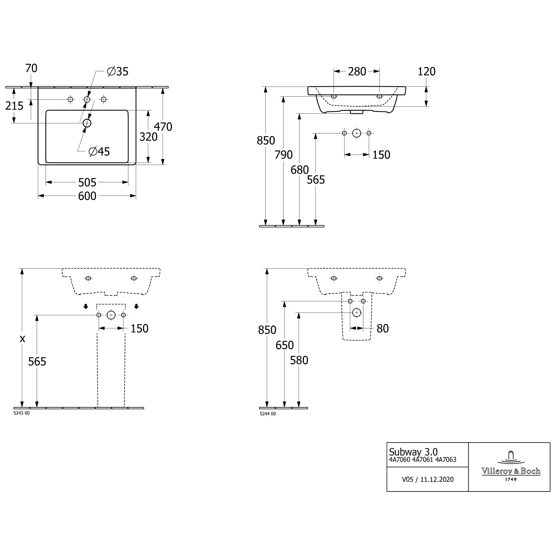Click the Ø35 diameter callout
tap(118, 71)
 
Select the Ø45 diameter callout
tap(99, 151)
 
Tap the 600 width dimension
tap(87, 196)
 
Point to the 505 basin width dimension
tap(87, 182)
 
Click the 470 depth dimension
tap(163, 127)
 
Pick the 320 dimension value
tap(148, 137)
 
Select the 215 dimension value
tap(14, 106)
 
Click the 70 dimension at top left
tap(32, 68)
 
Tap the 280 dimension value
tap(357, 72)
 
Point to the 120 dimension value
tap(426, 72)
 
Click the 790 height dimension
tap(284, 155)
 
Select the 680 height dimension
tap(299, 170)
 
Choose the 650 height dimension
tap(285, 345)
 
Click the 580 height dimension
tap(299, 360)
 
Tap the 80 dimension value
tap(383, 328)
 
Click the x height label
tap(23, 338)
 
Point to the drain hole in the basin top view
tap(87, 123)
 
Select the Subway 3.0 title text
tap(413, 452)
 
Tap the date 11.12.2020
tap(437, 479)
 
